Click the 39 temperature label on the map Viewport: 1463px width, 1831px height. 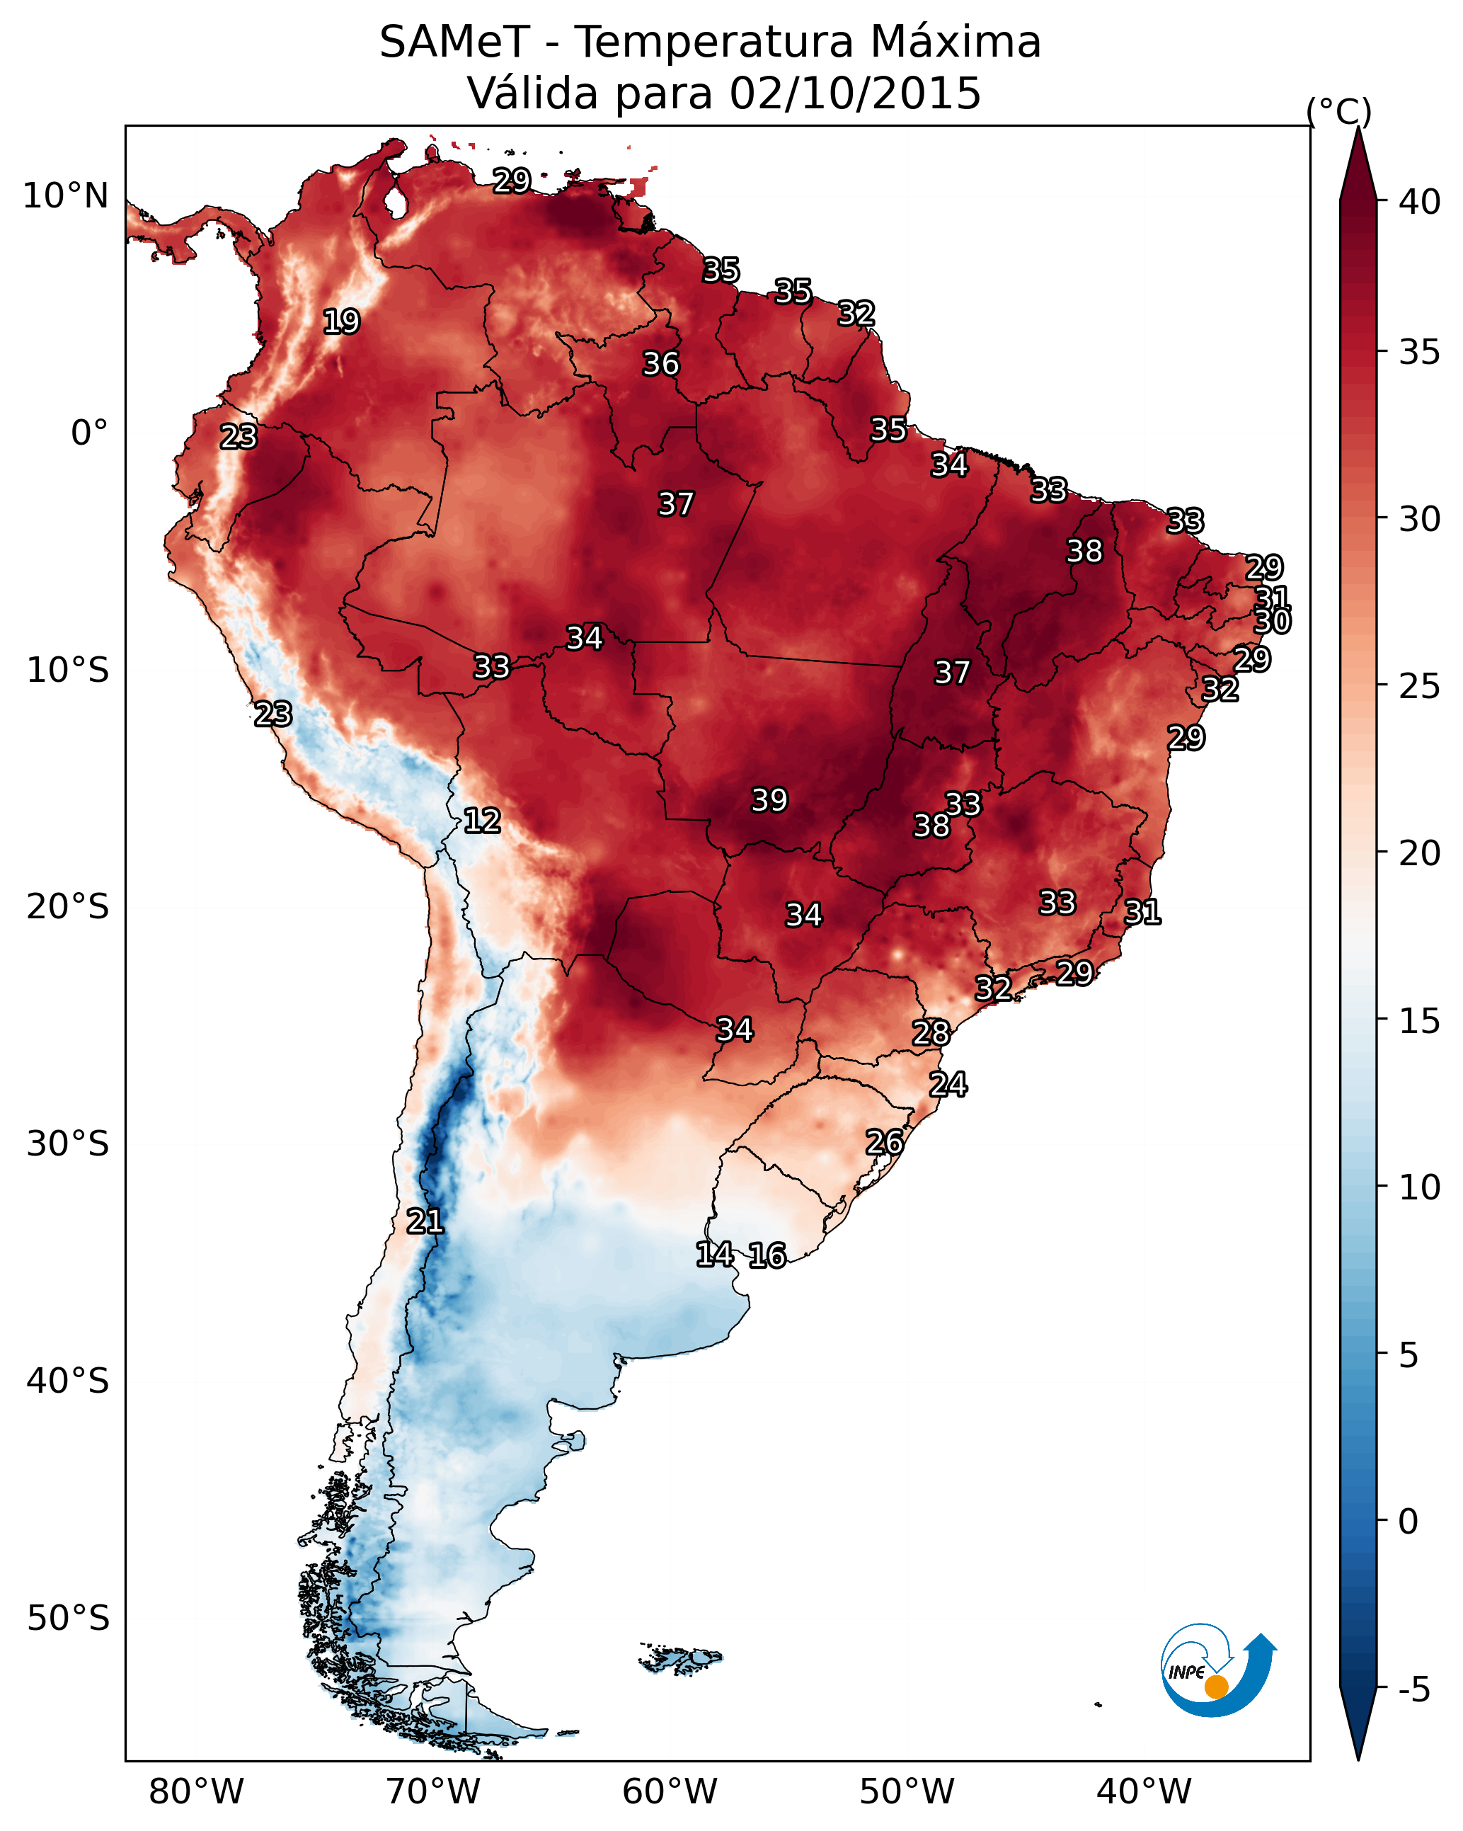[769, 800]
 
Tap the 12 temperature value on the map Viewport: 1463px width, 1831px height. [481, 821]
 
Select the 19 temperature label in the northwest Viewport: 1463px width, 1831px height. [341, 322]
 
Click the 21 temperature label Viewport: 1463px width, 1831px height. [425, 1221]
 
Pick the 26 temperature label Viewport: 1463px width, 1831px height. [884, 1142]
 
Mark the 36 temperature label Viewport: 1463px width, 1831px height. [660, 363]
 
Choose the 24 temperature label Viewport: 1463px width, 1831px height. [948, 1085]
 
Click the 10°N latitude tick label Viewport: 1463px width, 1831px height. [65, 196]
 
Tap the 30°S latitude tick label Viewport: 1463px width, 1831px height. [68, 1144]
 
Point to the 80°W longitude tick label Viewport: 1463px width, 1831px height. [196, 1791]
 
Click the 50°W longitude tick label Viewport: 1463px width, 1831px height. [907, 1791]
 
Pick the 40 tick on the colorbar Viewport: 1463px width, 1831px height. [1420, 202]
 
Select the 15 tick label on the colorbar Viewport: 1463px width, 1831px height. [1420, 1021]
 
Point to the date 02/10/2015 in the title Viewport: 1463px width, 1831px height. [855, 93]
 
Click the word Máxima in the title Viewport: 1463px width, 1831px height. [953, 42]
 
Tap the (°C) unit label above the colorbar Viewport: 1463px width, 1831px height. [1338, 111]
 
